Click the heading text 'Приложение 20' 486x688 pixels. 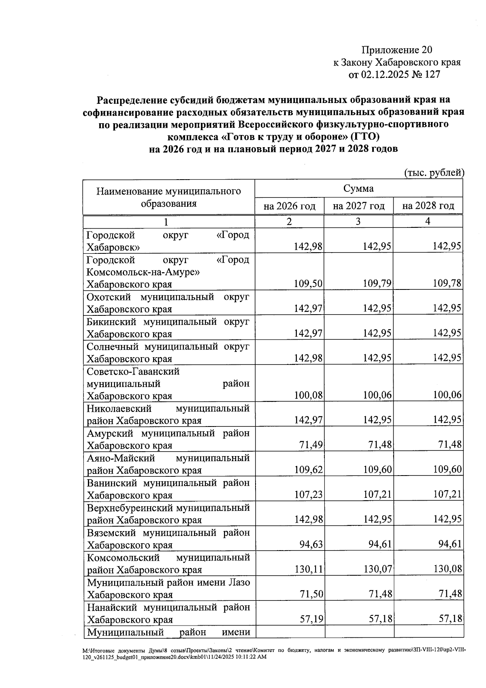(397, 50)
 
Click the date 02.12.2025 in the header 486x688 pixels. (389, 75)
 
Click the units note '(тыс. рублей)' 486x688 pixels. (434, 173)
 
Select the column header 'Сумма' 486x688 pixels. (358, 189)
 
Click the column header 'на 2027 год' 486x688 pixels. (358, 206)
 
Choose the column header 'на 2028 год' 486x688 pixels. (428, 206)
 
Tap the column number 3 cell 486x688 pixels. (358, 221)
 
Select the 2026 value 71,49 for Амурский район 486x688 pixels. (311, 445)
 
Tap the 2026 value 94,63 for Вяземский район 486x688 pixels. (311, 544)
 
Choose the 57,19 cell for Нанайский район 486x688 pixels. (311, 619)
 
